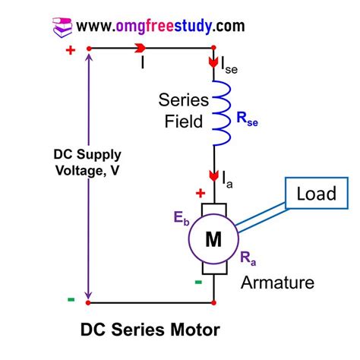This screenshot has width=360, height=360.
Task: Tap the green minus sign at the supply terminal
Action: point(71,299)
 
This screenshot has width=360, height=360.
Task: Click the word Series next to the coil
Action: point(178,99)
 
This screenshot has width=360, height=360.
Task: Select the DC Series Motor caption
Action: point(150,332)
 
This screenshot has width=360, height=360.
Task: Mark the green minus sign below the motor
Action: point(198,283)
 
